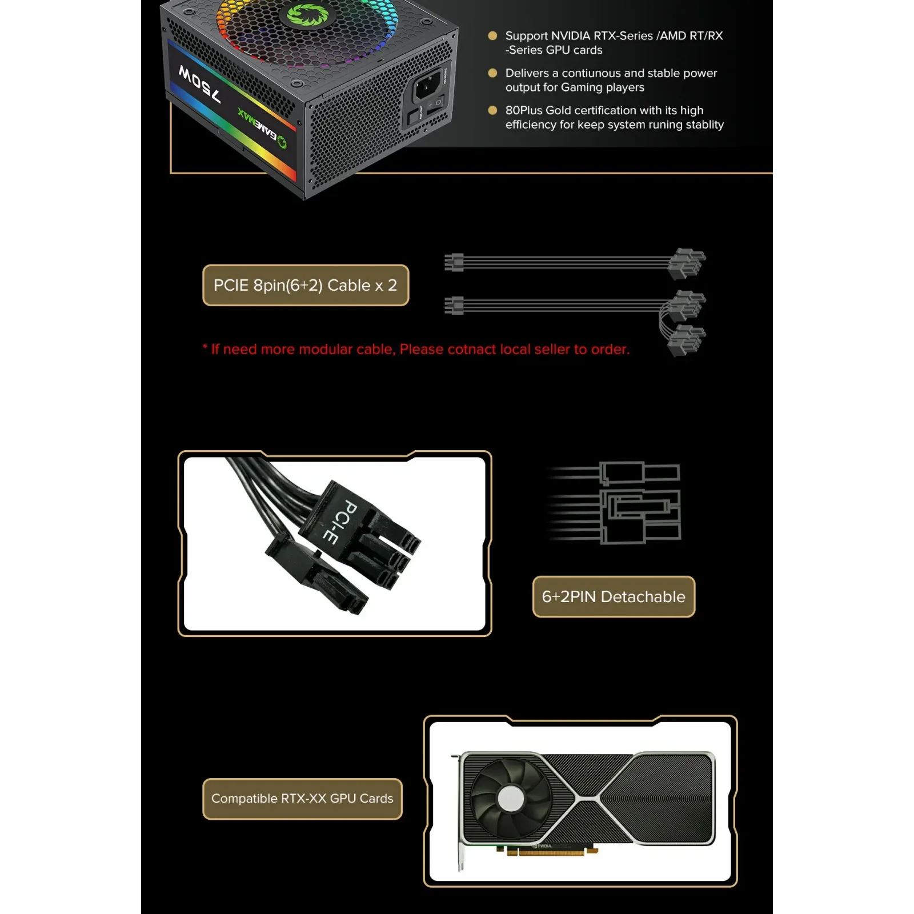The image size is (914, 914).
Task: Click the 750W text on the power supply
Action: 199,84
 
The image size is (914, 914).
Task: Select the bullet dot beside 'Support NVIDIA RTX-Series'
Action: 492,35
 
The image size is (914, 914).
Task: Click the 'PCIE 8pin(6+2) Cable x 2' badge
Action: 306,285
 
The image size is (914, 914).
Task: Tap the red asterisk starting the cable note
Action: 205,348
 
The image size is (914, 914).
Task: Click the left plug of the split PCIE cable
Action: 455,305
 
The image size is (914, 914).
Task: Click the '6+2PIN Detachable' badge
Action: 614,596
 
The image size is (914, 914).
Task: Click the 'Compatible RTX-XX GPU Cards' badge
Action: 302,798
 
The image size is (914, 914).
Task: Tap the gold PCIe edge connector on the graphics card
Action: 551,852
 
